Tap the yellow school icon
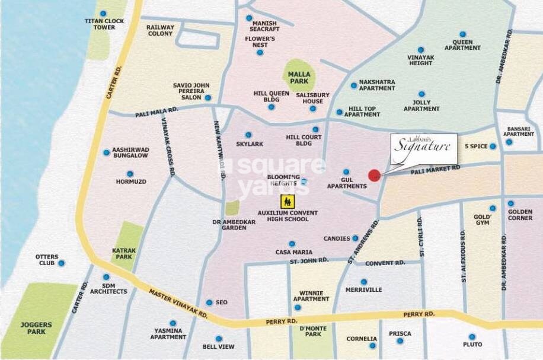288,200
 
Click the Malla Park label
299,77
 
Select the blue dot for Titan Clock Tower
104,13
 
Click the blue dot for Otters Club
61,263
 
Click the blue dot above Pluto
472,336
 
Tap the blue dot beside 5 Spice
493,146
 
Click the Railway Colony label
161,30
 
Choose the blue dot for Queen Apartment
462,34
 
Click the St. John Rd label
309,260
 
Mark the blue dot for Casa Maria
291,244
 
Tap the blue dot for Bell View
218,339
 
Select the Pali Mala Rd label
156,111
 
